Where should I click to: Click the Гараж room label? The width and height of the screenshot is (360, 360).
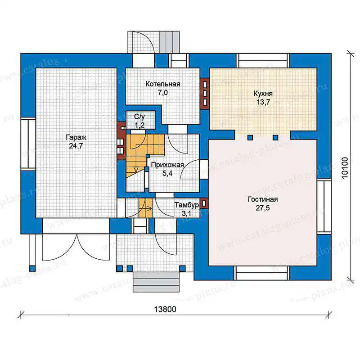coord(76,138)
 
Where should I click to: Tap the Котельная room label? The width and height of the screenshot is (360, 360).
coord(163,84)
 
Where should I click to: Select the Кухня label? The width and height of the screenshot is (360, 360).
coord(263,94)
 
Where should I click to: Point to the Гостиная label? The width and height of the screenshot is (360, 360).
coord(263,199)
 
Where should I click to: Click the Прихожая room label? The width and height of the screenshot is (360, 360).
coord(167,165)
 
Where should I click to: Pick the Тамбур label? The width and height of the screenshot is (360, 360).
coord(187,205)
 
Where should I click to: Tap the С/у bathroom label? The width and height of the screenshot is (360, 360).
coord(139,117)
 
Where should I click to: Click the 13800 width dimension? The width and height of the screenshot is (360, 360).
coord(165,309)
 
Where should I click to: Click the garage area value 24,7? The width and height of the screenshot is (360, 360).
coord(76,146)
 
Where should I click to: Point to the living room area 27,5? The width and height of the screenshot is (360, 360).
coord(263,208)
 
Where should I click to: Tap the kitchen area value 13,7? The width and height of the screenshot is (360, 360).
coord(263,102)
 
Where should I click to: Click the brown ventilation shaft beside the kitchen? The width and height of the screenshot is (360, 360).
coord(205,94)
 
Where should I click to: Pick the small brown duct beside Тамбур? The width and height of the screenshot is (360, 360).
coord(204,203)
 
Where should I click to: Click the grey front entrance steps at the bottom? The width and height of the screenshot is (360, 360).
coord(156,282)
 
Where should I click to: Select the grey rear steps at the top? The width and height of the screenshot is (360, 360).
coord(169,42)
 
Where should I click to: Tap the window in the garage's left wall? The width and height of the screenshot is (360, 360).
coord(28,144)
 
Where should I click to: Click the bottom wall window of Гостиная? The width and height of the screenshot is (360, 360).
coord(262,273)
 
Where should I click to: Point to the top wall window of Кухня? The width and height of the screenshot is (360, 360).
coord(263,61)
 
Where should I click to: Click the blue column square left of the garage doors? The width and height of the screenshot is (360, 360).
coord(32,268)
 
